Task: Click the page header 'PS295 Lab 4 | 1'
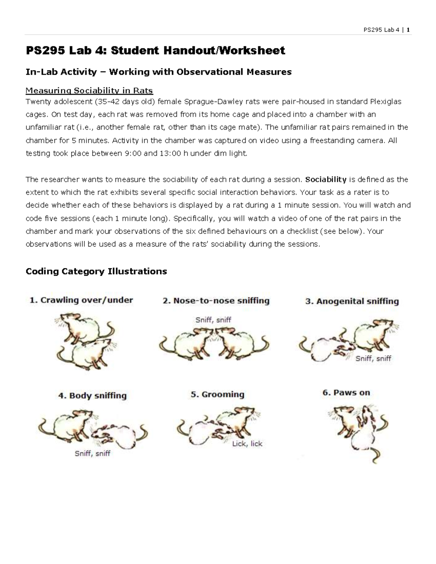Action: pyautogui.click(x=387, y=30)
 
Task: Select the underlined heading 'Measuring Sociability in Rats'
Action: pyautogui.click(x=89, y=90)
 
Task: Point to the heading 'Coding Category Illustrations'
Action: pyautogui.click(x=96, y=271)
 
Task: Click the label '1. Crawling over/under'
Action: pyautogui.click(x=81, y=300)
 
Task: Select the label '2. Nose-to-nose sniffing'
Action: pyautogui.click(x=216, y=301)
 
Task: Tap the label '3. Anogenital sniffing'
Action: pyautogui.click(x=352, y=301)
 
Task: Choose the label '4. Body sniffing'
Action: pyautogui.click(x=92, y=395)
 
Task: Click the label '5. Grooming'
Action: pyautogui.click(x=217, y=394)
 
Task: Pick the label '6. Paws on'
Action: pyautogui.click(x=346, y=393)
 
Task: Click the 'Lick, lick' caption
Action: pyautogui.click(x=247, y=444)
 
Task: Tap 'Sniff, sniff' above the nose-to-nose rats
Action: pyautogui.click(x=213, y=320)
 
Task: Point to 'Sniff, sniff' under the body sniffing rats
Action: pyautogui.click(x=92, y=454)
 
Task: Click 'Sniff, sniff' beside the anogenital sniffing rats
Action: pyautogui.click(x=373, y=358)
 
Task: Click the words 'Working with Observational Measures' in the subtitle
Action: pyautogui.click(x=200, y=72)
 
